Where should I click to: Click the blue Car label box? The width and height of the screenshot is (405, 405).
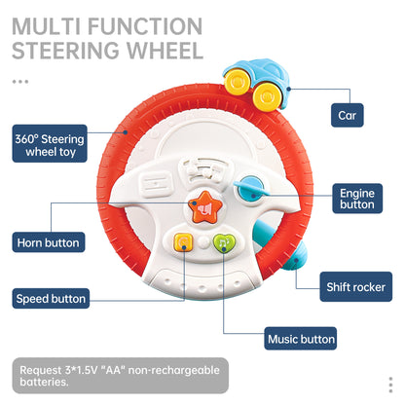click(348, 116)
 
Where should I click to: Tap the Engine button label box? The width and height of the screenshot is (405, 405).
click(357, 199)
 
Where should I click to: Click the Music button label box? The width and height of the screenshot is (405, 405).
click(301, 340)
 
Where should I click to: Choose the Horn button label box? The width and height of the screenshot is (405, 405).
click(49, 240)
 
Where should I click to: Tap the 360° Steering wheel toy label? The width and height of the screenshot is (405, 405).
click(49, 145)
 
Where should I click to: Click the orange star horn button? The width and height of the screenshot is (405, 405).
click(205, 207)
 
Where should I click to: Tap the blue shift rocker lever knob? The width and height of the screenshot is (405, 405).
click(297, 257)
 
